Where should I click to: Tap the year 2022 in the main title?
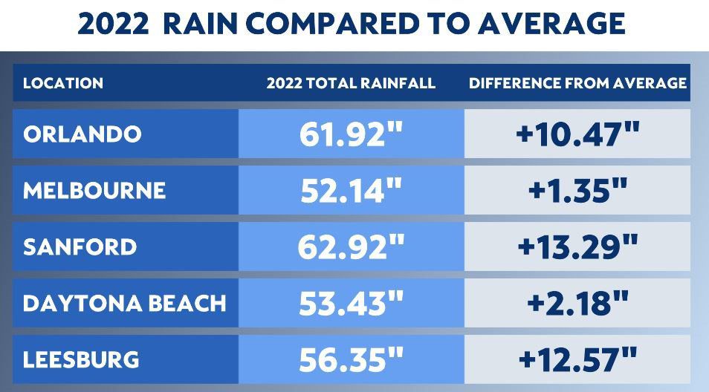pos(113,24)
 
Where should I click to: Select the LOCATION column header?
pos(63,83)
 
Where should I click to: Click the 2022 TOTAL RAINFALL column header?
pos(351,83)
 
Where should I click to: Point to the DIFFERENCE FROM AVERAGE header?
pos(577,83)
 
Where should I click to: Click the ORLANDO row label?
pos(82,134)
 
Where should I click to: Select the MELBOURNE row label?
pos(94,190)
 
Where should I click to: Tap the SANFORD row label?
pos(80,246)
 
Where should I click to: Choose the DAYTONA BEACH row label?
pos(125,303)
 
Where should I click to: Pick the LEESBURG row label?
pos(81,359)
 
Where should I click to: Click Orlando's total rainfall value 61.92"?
pos(351,134)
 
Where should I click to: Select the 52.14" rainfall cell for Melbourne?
pos(351,191)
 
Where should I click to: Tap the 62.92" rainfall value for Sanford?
pos(351,246)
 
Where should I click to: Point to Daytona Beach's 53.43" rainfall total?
pos(351,303)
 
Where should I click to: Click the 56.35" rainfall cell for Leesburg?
pos(351,359)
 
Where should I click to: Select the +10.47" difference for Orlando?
pos(577,134)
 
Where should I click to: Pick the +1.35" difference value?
pos(577,191)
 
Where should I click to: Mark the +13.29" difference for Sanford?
pos(577,246)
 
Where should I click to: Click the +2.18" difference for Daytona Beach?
pos(577,303)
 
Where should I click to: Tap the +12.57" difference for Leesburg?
pos(577,359)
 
